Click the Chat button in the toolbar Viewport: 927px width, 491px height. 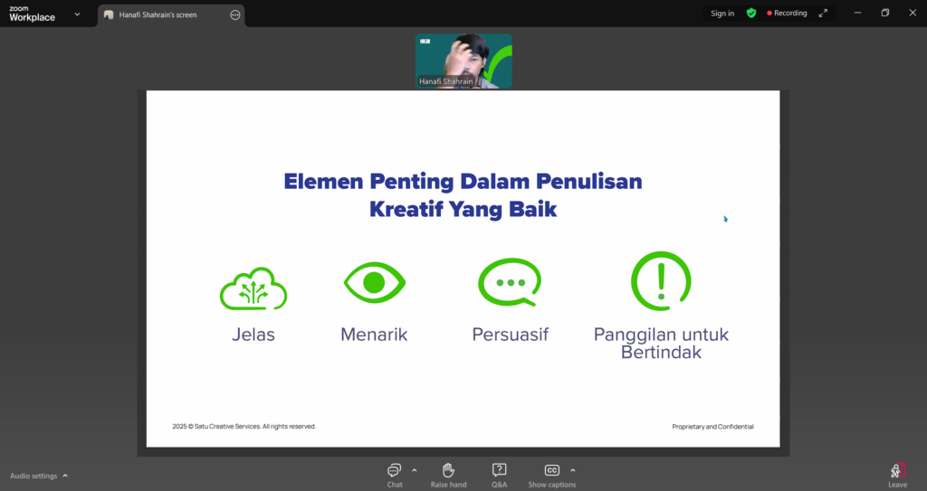[395, 476]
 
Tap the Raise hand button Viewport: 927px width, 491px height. [448, 476]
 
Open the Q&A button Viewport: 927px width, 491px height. [499, 476]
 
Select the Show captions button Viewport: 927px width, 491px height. [551, 476]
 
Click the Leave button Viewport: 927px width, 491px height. [897, 476]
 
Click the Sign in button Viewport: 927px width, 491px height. [722, 13]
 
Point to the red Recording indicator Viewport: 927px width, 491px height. [787, 13]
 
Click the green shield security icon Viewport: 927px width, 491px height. [751, 13]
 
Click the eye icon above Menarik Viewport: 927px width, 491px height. [374, 282]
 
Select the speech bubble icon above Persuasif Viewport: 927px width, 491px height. [510, 282]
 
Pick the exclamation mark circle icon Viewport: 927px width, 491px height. [661, 280]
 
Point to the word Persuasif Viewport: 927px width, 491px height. [511, 335]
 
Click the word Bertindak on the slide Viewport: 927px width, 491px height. [661, 352]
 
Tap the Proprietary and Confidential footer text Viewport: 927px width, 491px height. [712, 427]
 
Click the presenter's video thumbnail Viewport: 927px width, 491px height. [463, 61]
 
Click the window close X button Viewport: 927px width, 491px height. [913, 13]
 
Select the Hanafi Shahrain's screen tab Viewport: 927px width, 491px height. [171, 14]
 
